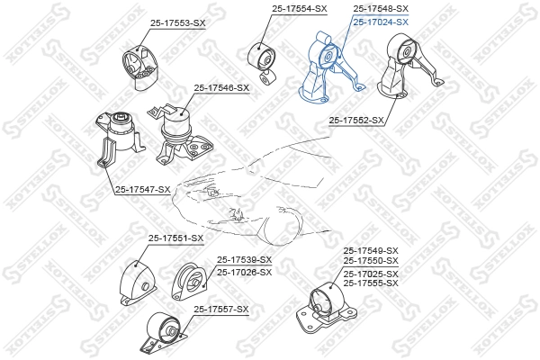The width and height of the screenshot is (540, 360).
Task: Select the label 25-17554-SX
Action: coord(300,9)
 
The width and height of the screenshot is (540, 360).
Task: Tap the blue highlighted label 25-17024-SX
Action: coord(382,22)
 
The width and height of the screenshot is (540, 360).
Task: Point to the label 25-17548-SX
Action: coord(382,9)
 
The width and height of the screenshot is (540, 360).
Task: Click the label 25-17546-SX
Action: coord(221,88)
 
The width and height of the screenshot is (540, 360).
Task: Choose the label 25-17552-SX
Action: coord(356,119)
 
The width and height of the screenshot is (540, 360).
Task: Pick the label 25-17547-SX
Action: coord(142,189)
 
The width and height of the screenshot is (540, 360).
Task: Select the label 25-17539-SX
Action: coord(244,260)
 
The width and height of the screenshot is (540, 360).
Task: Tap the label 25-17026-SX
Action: coord(244,271)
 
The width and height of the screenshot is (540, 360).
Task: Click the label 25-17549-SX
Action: coord(370,250)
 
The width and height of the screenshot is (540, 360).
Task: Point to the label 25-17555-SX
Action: coord(370,283)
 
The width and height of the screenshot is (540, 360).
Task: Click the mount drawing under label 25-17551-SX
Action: coord(136,281)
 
